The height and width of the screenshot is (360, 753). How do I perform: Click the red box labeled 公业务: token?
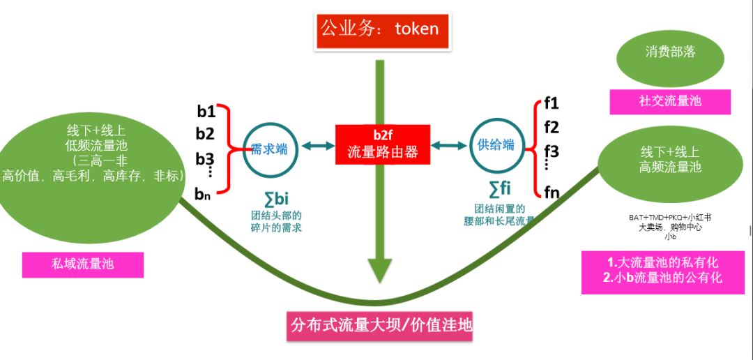click(x=379, y=29)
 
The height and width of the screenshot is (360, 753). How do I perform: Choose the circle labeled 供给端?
click(x=496, y=145)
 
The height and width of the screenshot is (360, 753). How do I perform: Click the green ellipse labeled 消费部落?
click(x=669, y=54)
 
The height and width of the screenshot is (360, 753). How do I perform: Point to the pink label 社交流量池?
click(x=670, y=101)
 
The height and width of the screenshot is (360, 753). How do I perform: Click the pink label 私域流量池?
click(x=83, y=264)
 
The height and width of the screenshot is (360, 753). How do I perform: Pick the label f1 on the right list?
click(x=552, y=104)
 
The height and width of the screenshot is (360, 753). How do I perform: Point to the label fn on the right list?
click(x=552, y=192)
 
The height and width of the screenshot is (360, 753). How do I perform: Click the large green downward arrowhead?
click(x=379, y=269)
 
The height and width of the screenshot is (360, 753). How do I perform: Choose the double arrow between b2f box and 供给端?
click(x=449, y=146)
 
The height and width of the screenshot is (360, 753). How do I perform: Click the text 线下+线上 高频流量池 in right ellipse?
click(x=670, y=160)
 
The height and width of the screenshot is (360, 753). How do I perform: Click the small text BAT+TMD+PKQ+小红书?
click(x=669, y=218)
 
